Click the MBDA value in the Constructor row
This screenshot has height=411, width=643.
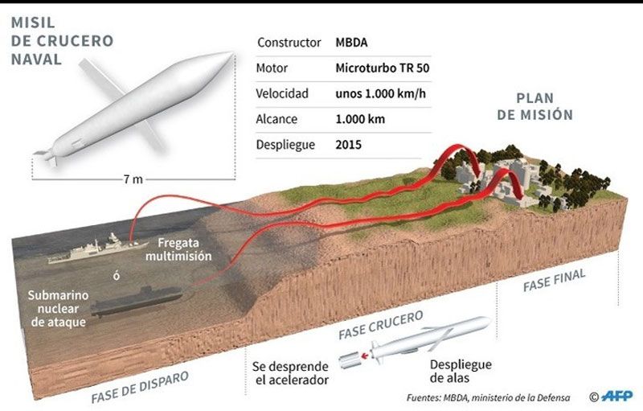click(x=351, y=43)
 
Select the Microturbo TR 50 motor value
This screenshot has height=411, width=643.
click(x=383, y=68)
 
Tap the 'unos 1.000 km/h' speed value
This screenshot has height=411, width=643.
click(x=380, y=93)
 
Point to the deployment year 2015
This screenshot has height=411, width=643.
click(x=348, y=145)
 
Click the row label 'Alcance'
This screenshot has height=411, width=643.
click(x=276, y=119)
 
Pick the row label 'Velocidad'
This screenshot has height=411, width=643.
click(x=282, y=93)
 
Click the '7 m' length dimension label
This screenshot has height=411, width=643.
click(x=133, y=179)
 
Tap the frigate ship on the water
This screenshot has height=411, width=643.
click(x=97, y=249)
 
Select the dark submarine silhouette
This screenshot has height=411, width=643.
click(x=137, y=302)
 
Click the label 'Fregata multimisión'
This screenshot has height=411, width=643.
click(x=178, y=249)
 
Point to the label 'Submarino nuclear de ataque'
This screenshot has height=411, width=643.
click(x=58, y=309)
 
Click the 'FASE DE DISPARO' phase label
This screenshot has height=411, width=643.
click(x=140, y=387)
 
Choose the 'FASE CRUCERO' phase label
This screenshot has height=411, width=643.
click(x=380, y=325)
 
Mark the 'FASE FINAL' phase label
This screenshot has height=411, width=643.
click(x=554, y=281)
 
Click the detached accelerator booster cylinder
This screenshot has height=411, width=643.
click(x=349, y=360)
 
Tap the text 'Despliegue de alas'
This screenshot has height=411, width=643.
click(x=461, y=371)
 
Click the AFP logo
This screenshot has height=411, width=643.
click(x=617, y=397)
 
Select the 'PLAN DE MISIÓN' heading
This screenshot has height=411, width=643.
click(x=534, y=106)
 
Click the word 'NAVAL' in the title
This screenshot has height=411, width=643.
click(x=36, y=60)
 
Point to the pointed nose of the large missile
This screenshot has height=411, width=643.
click(x=231, y=54)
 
